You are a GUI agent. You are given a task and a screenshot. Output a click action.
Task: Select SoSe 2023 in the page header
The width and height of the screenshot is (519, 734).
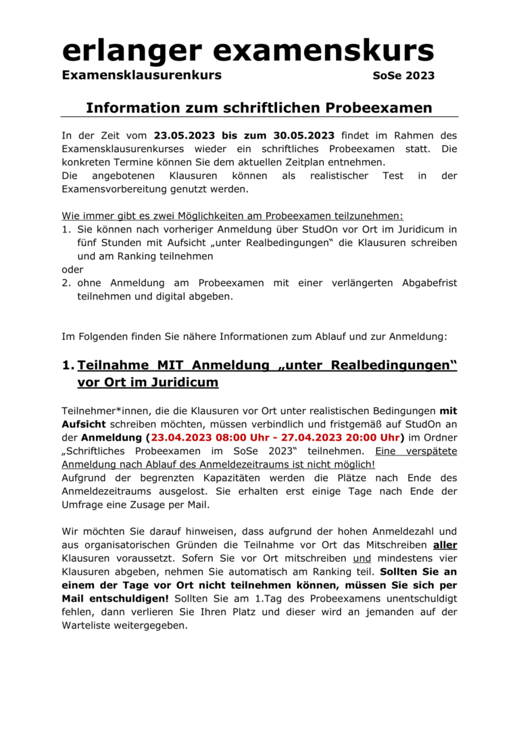[x=403, y=76]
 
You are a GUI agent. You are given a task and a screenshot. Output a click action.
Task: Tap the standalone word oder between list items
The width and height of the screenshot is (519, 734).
[x=72, y=270]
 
